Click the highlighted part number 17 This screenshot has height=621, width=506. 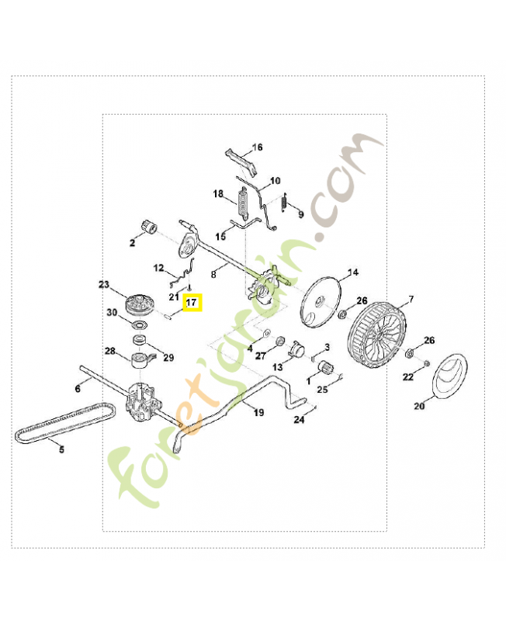192,303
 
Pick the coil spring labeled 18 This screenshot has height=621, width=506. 242,203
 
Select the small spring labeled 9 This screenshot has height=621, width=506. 283,203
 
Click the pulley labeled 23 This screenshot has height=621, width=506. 140,304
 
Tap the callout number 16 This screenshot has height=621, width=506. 258,147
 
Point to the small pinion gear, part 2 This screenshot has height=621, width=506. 149,227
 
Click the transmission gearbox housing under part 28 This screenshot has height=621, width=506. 140,402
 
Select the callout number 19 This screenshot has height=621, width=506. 258,413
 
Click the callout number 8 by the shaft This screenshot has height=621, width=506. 213,274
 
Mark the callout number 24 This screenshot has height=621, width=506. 299,419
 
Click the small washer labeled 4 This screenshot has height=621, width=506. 266,332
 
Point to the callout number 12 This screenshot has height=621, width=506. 158,268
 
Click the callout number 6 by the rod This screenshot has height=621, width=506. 78,389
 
